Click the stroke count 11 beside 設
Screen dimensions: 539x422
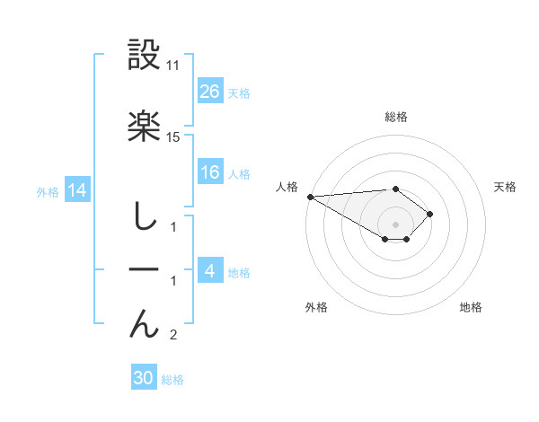click(x=173, y=66)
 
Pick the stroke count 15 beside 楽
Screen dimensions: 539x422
click(x=173, y=136)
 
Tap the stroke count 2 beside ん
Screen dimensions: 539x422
click(x=173, y=336)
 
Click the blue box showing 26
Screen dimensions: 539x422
click(x=210, y=92)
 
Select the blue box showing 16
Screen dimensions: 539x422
click(x=210, y=172)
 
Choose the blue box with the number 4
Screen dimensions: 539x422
click(x=210, y=271)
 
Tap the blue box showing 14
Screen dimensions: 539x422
click(x=76, y=190)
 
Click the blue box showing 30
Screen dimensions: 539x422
click(x=144, y=378)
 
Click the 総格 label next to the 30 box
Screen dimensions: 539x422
click(x=172, y=380)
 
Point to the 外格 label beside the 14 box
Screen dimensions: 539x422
click(x=47, y=192)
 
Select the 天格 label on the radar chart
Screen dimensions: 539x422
click(x=506, y=187)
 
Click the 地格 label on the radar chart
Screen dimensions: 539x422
click(x=471, y=308)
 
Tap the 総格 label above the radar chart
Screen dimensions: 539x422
click(x=395, y=117)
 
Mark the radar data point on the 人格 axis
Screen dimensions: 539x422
click(x=310, y=197)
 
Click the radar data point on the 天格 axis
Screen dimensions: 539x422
click(x=431, y=214)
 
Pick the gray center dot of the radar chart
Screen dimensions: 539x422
click(x=395, y=224)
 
